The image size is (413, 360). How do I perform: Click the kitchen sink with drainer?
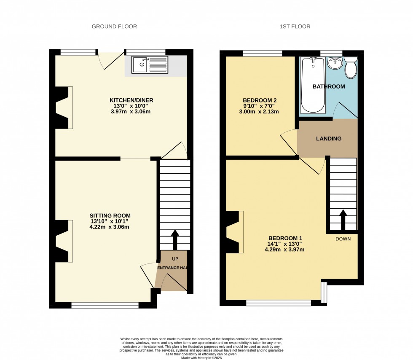coord(150,65)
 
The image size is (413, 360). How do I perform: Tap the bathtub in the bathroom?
coord(313,85)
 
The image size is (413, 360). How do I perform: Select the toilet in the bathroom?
coord(351,69)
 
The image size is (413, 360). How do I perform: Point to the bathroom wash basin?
coord(335,64)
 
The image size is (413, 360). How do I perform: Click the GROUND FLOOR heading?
coord(114,27)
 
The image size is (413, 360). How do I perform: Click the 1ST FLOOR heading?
coord(295,27)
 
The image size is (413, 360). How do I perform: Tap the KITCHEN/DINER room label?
coord(131,100)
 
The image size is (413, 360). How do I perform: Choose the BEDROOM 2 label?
coord(260,100)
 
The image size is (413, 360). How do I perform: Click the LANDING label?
coord(329,139)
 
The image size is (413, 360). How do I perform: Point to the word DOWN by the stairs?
coord(343,239)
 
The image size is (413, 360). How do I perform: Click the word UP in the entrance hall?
coord(174,258)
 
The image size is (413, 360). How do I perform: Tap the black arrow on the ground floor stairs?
coord(174,239)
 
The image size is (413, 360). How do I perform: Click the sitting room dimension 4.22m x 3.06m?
coord(110,227)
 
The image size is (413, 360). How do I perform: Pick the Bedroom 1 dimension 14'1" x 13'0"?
coord(284,244)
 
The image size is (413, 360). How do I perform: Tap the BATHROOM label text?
coord(328,86)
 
